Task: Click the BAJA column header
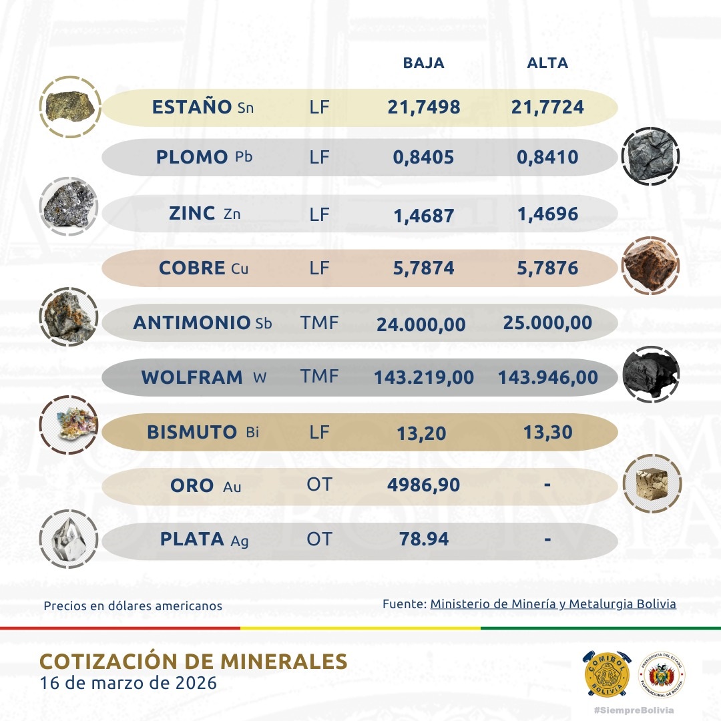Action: pos(423,63)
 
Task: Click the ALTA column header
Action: pos(547,63)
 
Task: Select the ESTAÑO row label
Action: pos(192,107)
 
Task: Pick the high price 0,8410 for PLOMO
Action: pos(547,158)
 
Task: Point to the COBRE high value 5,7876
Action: pos(547,268)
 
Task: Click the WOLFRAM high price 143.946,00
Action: pos(547,378)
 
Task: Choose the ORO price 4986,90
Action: pos(423,485)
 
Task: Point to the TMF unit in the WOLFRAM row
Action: pos(320,377)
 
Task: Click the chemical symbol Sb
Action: pos(264,324)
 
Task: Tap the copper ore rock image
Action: pos(650,266)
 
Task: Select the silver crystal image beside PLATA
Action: pos(69,538)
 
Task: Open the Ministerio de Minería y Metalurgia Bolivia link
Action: pos(553,604)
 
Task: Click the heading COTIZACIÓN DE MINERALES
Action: pos(194,661)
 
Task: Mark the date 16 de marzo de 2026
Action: pos(128,684)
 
